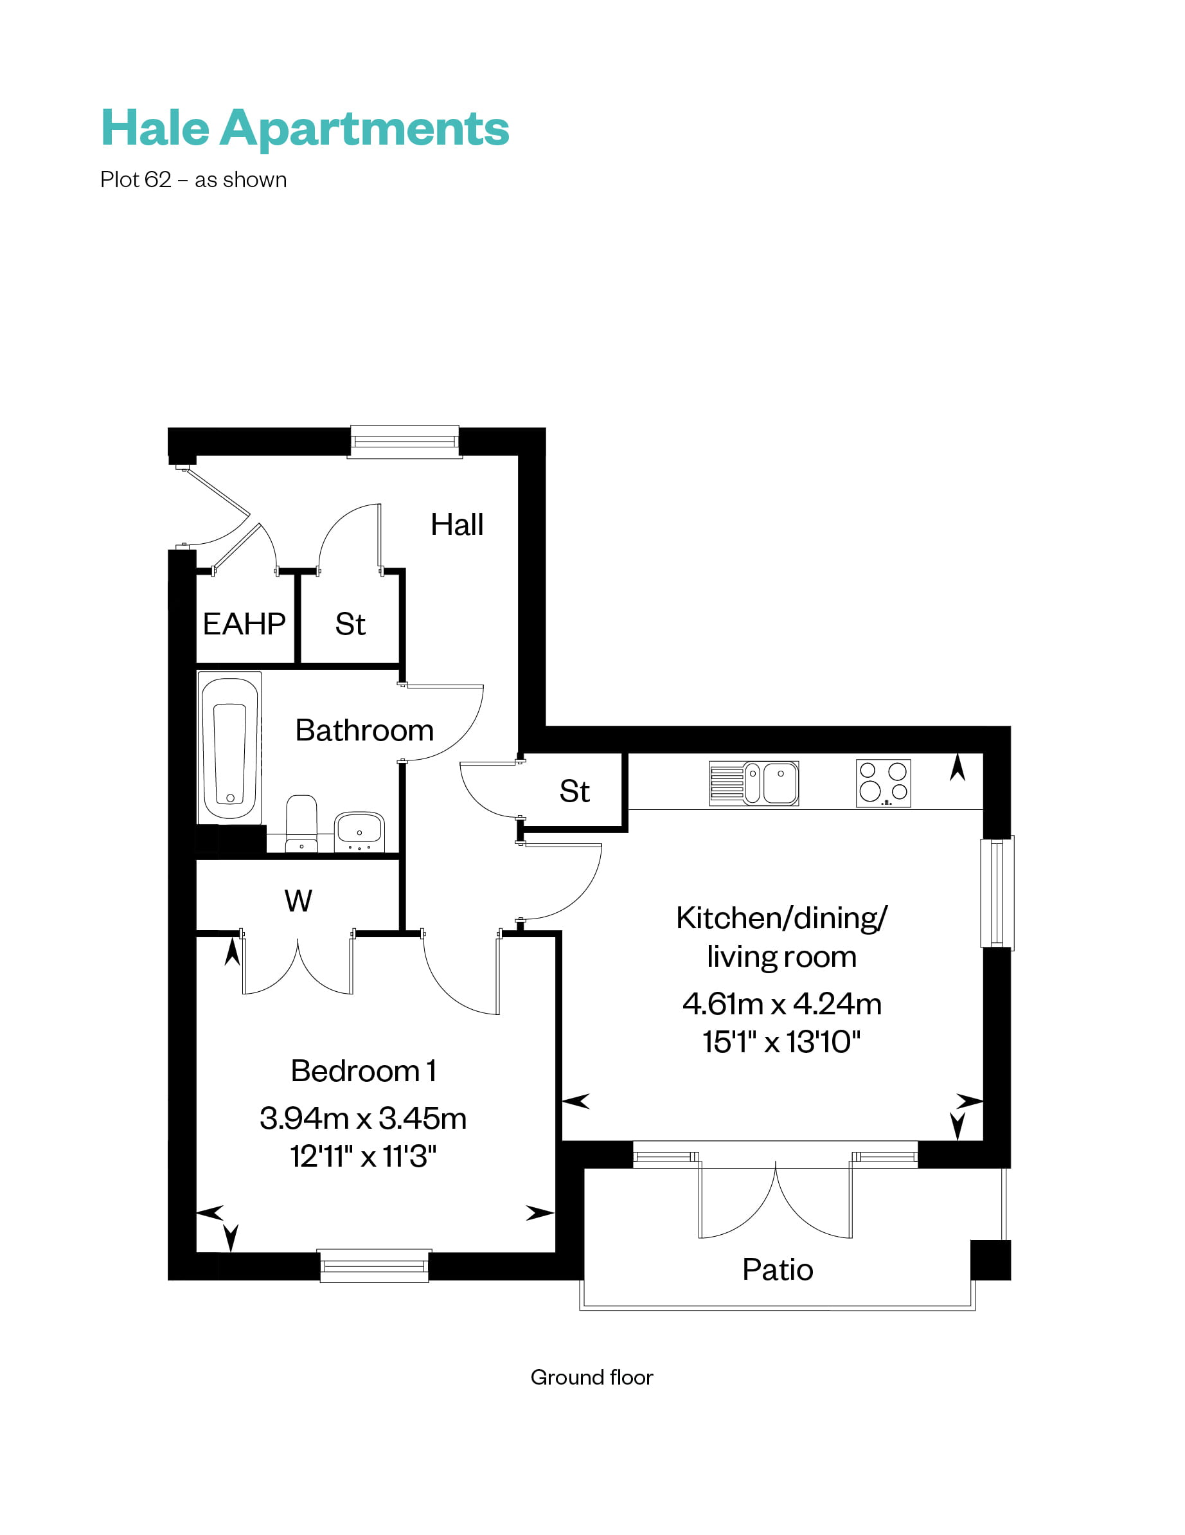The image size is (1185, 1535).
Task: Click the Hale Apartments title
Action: (x=305, y=129)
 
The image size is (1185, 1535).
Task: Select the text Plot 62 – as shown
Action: (x=193, y=180)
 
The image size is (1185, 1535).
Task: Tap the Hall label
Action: (x=457, y=525)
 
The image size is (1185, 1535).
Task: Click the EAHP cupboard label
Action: (x=244, y=624)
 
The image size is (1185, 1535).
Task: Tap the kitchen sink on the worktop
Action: (x=753, y=782)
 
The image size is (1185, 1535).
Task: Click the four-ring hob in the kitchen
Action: (x=883, y=782)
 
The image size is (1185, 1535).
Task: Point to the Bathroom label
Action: (x=364, y=730)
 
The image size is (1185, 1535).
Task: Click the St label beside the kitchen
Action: (x=575, y=791)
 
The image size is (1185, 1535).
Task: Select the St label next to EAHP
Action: (x=350, y=624)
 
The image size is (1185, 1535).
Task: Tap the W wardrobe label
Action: (x=298, y=901)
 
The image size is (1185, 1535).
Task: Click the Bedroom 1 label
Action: (x=363, y=1071)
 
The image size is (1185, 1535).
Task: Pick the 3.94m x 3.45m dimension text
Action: (x=362, y=1118)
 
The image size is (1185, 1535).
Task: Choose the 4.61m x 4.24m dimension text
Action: (x=781, y=1003)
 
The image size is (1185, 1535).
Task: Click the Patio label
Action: (x=778, y=1270)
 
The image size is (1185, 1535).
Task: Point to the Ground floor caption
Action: (x=592, y=1377)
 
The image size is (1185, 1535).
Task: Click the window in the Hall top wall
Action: (x=404, y=442)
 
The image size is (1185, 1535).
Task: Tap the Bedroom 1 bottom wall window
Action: (x=374, y=1265)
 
